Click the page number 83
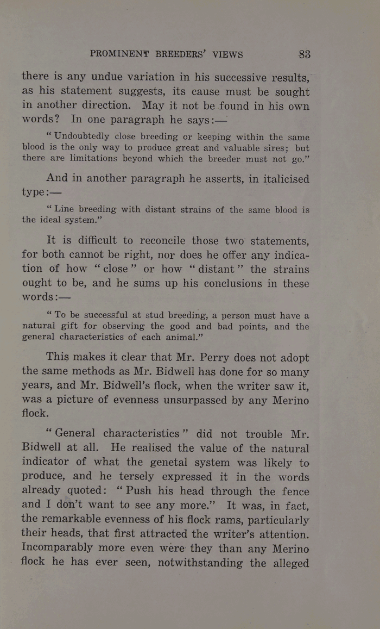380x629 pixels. pyautogui.click(x=304, y=54)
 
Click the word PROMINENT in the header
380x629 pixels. pyautogui.click(x=119, y=54)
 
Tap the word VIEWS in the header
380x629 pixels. pyautogui.click(x=227, y=54)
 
